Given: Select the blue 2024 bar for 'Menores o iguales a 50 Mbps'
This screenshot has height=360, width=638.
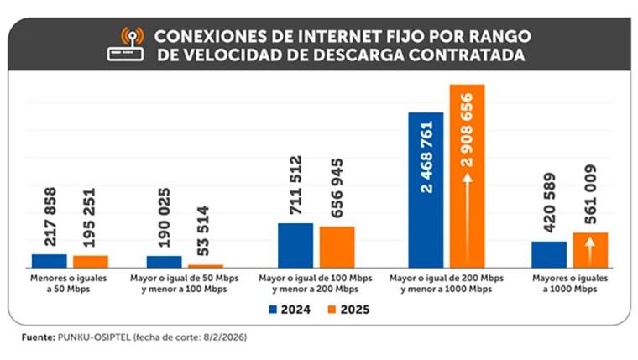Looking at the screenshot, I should coord(49,260).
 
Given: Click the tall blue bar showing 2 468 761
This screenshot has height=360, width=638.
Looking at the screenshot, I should coord(426,190).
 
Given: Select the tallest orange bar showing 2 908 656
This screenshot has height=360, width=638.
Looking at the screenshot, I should coord(468,176).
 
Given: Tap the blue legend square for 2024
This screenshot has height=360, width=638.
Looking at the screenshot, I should coord(274,310).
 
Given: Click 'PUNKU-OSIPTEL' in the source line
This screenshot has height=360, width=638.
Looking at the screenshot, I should coord(88,337).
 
